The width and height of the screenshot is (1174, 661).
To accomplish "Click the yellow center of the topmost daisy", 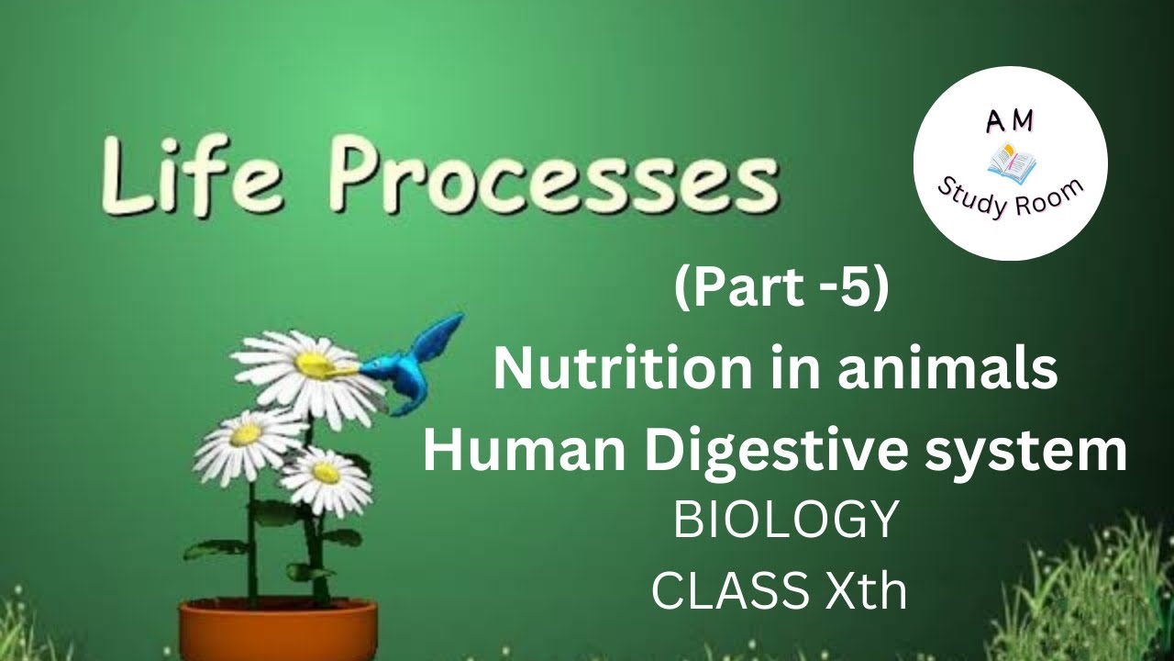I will [x=313, y=364].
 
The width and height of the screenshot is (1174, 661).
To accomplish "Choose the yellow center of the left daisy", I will [x=246, y=434].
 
